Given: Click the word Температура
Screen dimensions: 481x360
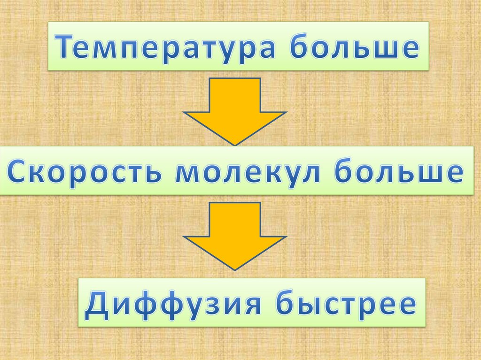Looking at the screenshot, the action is (168, 48).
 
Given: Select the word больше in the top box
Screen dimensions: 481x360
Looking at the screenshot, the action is (353, 48).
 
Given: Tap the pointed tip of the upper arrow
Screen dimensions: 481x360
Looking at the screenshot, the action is (234, 143).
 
